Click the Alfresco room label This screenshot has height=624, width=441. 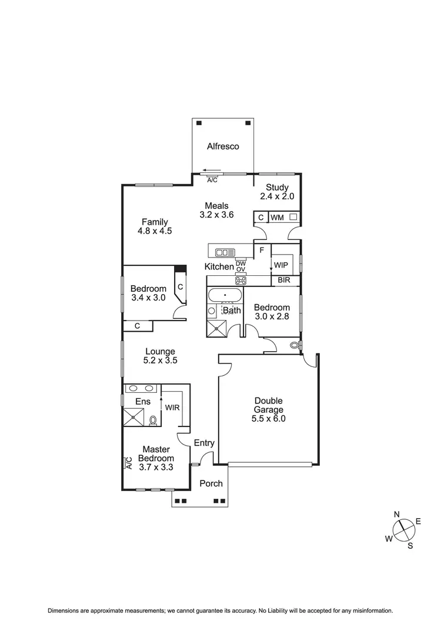point(223,146)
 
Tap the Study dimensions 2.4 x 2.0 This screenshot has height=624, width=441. point(277,197)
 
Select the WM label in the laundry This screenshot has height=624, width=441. point(277,218)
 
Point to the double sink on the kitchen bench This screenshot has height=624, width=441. point(225,252)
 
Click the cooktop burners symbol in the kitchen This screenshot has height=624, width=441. point(240,281)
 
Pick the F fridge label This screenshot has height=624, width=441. point(261,250)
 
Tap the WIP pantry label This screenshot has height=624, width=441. point(281,265)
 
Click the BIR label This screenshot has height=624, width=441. point(284,281)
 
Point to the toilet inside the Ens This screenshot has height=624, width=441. point(153,420)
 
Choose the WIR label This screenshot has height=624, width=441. point(172,407)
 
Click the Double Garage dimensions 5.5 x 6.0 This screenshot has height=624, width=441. point(268,419)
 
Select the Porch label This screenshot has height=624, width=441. point(211,483)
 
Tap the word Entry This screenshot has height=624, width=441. point(204,443)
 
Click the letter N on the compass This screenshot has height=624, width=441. point(396,514)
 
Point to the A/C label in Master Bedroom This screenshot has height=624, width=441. point(128,463)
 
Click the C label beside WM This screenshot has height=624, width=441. point(260,218)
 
